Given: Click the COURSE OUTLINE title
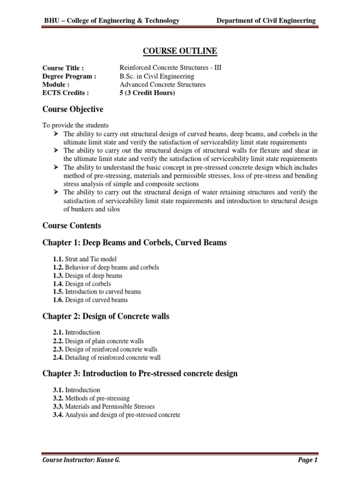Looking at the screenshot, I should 180,51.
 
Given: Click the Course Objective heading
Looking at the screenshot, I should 73,109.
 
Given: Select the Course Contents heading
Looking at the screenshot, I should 72,225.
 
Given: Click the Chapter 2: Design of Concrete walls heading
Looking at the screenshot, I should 106,316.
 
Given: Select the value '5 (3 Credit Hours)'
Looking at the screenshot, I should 148,93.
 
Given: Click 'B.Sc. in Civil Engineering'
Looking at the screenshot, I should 157,76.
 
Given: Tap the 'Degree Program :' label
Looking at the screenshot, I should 69,76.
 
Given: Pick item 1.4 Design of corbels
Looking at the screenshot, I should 82,284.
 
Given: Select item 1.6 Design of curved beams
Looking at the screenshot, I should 90,300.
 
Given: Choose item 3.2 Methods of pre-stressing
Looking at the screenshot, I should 91,398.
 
